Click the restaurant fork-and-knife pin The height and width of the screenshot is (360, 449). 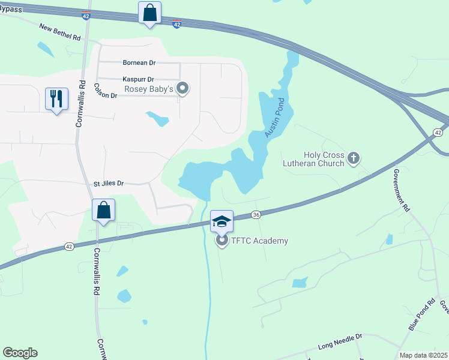57,99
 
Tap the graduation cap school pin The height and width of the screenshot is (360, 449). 221,221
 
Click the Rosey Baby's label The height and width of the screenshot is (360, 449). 149,89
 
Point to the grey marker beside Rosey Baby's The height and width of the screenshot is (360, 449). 184,89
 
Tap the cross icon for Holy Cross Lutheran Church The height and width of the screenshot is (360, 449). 354,158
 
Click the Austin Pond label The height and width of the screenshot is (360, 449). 272,117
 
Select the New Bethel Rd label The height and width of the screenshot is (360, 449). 59,32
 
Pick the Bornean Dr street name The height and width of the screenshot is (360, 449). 139,62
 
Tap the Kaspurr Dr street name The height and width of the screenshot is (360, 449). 138,79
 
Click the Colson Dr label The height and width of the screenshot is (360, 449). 105,91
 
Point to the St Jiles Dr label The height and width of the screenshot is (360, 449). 108,183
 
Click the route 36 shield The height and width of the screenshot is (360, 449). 256,215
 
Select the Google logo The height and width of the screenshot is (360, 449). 20,353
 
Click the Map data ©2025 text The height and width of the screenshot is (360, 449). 423,355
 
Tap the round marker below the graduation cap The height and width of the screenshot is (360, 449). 221,241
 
